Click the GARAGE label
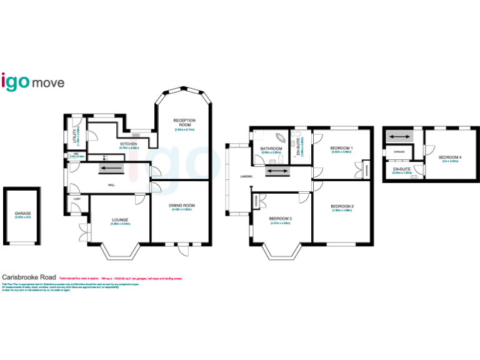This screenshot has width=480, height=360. pos(22,213)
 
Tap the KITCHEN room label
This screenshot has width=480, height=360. pos(129,144)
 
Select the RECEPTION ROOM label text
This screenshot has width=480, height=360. pos(184,122)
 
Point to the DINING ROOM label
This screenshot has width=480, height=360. pos(182,205)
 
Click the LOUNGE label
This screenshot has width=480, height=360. pos(120,219)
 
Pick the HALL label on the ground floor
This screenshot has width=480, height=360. pos(111,185)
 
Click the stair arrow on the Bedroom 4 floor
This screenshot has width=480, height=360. pos(396,136)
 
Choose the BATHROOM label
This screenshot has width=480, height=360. pos(272,148)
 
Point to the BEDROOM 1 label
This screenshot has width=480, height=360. pos(342,148)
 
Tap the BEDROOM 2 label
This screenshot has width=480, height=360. pos(342,206)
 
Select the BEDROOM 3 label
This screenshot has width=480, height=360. pos(281,218)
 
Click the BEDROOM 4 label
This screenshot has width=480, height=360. pos(450,157)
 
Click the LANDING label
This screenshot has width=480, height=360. pos(246,177)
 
